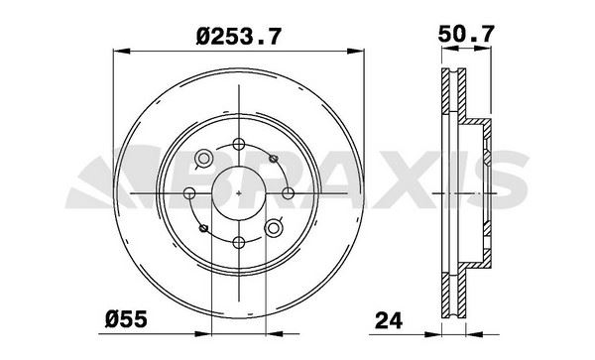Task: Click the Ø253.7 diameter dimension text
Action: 239,37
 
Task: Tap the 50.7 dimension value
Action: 466,34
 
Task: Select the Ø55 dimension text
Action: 126,319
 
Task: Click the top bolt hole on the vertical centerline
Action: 238,144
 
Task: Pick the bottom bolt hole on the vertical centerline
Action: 238,242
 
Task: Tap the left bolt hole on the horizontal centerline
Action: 189,193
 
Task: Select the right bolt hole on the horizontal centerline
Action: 288,193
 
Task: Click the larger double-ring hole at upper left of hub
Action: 203,159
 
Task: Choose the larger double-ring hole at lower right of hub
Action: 273,228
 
